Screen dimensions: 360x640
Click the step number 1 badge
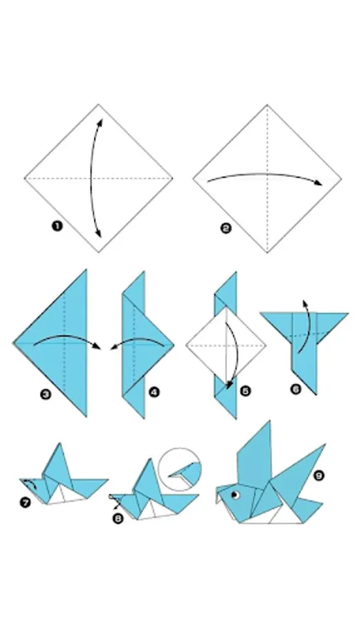[x=57, y=225]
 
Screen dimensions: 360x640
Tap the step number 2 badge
[x=226, y=228]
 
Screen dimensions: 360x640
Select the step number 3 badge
[x=46, y=394]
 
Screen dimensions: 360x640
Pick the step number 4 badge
[x=154, y=393]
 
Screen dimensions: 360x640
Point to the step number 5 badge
[x=245, y=391]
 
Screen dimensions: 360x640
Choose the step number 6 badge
[x=296, y=389]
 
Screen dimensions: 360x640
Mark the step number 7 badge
[x=26, y=503]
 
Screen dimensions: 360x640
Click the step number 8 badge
[x=118, y=519]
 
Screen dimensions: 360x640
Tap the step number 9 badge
[x=319, y=475]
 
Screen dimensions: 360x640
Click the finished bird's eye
[x=235, y=495]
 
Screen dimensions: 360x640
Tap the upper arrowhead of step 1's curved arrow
[x=100, y=122]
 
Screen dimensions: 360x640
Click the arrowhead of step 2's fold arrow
[x=318, y=183]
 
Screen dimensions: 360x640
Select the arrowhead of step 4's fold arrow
[x=114, y=348]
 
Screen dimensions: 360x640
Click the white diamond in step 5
[x=226, y=345]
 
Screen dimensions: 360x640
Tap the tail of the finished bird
[x=307, y=509]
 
